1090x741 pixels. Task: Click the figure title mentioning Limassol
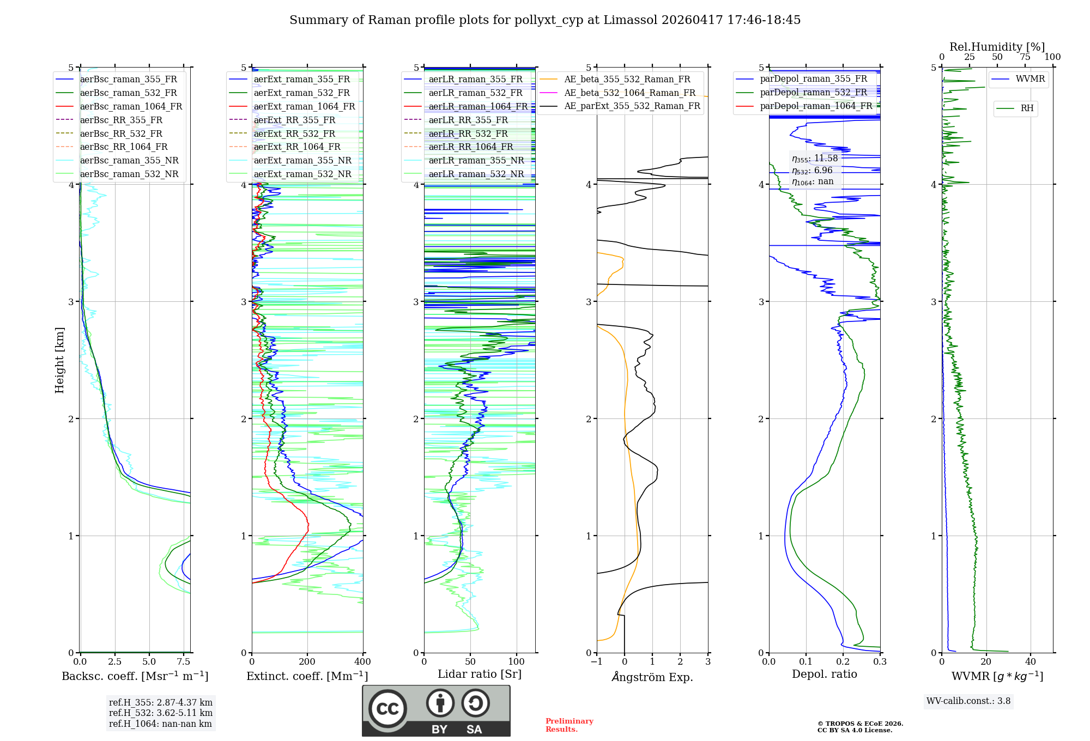[545, 20]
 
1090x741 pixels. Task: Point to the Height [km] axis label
[59, 360]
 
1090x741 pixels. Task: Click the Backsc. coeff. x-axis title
[135, 676]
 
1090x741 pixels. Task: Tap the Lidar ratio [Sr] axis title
[480, 674]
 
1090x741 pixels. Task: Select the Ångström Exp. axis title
[652, 677]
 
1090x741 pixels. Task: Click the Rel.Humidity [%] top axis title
[997, 47]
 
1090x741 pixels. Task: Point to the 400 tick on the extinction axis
[362, 662]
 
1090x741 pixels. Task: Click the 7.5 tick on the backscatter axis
[184, 662]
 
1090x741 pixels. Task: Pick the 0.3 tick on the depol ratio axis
[880, 662]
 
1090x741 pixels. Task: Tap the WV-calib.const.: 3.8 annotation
[968, 701]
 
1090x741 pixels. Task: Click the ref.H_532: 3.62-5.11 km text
[161, 713]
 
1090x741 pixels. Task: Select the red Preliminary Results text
[569, 725]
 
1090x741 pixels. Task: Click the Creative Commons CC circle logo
[387, 708]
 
